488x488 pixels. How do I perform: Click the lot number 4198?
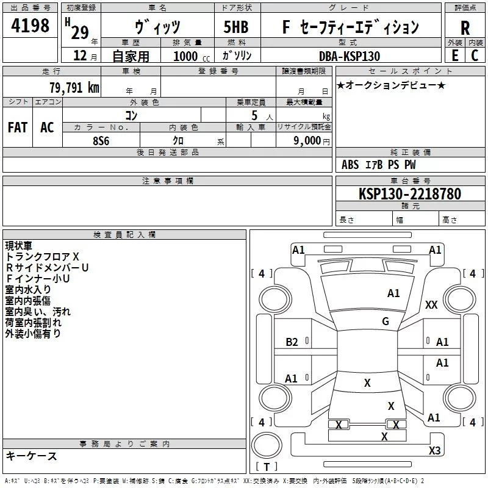coord(30,25)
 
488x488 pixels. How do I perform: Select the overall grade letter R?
coord(465,28)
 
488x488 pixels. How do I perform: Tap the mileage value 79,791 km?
coord(74,88)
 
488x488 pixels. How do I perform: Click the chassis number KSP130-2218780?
coord(410,193)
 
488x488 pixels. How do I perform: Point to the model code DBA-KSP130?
coord(350,56)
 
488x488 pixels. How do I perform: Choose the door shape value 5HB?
coord(236,27)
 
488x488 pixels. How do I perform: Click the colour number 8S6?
coord(101,141)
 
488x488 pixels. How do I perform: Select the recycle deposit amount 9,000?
coord(307,140)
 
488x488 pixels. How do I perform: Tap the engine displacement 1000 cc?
coord(192,56)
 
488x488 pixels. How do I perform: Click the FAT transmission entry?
coord(18,127)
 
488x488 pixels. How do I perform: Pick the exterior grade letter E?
coord(454,56)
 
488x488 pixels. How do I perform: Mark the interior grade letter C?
coord(475,56)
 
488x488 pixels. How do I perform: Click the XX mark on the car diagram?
coord(431,304)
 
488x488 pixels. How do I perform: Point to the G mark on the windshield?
coord(386,321)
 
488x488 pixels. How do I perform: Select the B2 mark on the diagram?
coord(292,342)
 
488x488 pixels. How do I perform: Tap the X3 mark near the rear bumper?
coord(434,450)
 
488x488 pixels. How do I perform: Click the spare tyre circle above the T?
coord(267,445)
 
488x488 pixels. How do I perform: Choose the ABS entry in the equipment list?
coord(350,165)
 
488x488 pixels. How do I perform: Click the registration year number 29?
coord(80,32)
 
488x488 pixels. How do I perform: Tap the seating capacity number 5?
coord(254,115)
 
